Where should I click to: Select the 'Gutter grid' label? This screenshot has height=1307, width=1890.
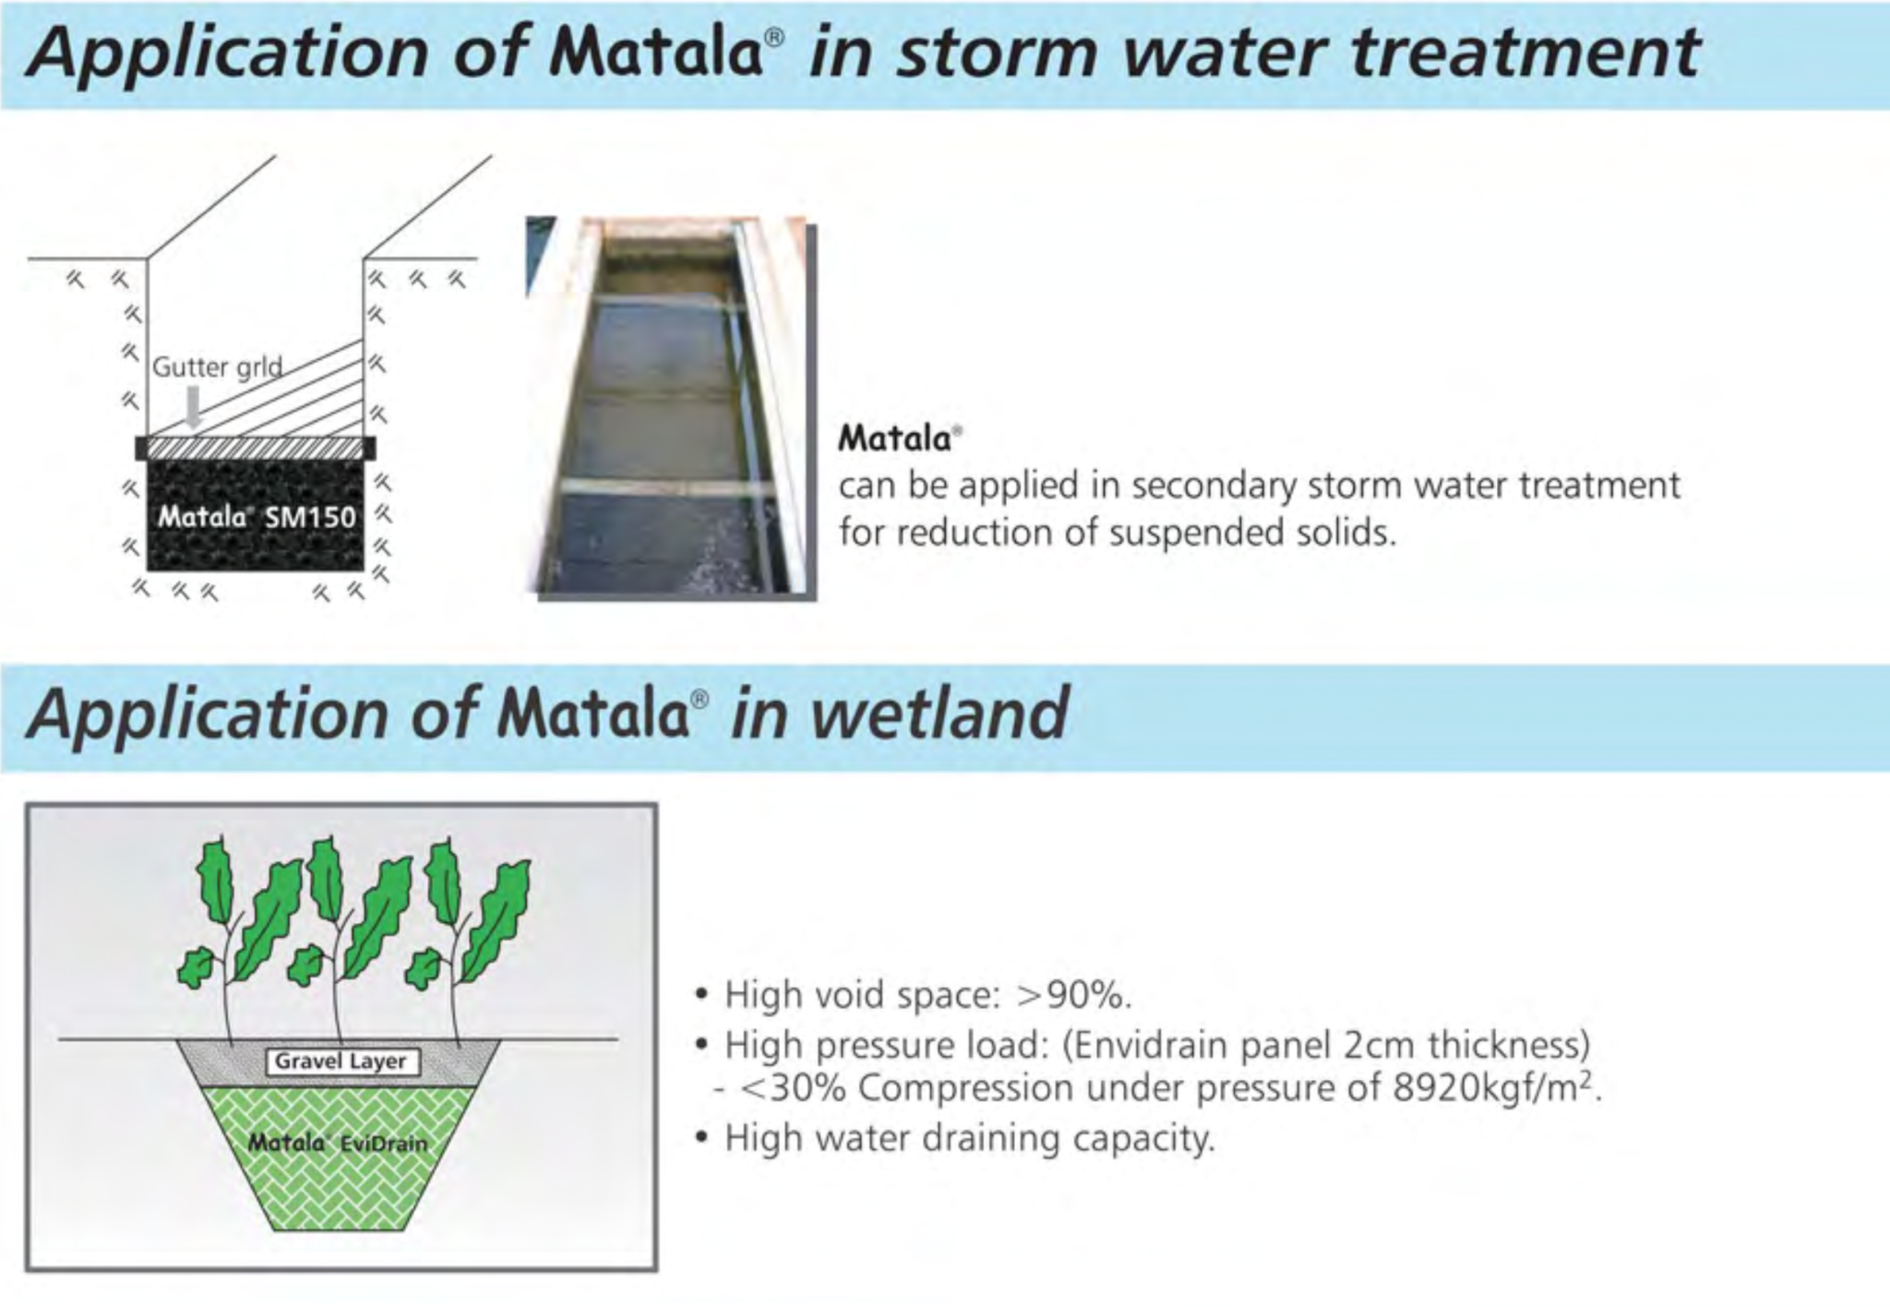pyautogui.click(x=217, y=367)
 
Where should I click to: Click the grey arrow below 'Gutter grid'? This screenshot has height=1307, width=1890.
pyautogui.click(x=193, y=406)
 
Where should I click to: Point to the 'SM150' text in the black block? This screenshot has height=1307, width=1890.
pyautogui.click(x=310, y=518)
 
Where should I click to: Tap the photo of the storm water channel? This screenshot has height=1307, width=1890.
pyautogui.click(x=670, y=406)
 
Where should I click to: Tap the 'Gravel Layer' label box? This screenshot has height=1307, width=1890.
pyautogui.click(x=341, y=1061)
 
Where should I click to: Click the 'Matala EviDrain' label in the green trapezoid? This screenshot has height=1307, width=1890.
pyautogui.click(x=338, y=1144)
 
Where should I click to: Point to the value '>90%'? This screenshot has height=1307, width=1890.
pyautogui.click(x=1072, y=995)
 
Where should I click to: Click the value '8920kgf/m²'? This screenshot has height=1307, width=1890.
pyautogui.click(x=1495, y=1088)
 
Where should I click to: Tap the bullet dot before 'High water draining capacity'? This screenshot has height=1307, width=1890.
pyautogui.click(x=703, y=1138)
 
